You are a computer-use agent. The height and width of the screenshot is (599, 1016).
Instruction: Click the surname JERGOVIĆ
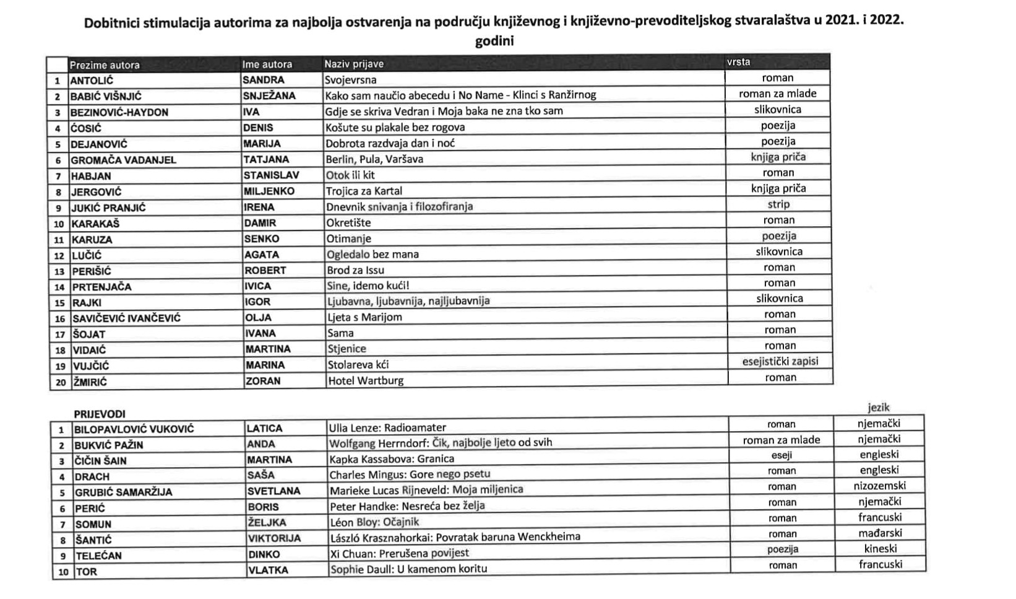tap(96, 192)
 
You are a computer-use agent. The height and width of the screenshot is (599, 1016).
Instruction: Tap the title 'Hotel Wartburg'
tap(365, 380)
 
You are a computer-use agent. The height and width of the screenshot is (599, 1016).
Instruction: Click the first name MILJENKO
tap(269, 191)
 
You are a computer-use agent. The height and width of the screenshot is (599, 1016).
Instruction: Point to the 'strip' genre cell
tap(778, 204)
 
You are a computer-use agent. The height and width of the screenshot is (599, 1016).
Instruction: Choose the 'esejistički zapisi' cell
tap(780, 361)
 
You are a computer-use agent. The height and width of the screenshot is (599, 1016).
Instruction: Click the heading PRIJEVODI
tap(100, 414)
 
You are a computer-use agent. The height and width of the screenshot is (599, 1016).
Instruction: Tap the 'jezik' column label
tap(878, 408)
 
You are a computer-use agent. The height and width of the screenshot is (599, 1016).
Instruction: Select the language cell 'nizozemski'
tap(879, 486)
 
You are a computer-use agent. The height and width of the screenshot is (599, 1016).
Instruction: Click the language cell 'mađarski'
tap(880, 533)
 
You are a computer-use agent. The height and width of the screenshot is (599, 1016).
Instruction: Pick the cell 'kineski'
tap(880, 548)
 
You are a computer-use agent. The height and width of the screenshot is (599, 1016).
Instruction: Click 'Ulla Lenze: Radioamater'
tap(387, 427)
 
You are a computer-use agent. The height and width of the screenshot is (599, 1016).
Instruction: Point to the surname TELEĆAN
tap(98, 556)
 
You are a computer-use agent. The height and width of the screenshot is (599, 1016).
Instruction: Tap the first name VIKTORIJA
tap(274, 538)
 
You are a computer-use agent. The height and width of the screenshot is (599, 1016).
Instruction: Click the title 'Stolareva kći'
tap(358, 365)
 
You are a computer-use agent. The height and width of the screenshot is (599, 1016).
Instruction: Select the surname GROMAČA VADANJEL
tap(123, 160)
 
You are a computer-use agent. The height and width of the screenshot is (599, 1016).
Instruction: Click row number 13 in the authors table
tap(59, 271)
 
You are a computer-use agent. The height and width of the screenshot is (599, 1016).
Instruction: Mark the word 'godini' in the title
tap(494, 42)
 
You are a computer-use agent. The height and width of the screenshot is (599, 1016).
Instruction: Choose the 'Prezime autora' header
tap(105, 65)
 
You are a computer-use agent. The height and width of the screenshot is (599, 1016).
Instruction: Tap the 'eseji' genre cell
tap(781, 455)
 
